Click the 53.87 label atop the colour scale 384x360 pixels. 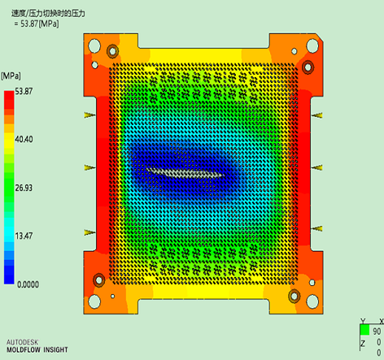click(x=24, y=91)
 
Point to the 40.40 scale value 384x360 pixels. click(x=24, y=139)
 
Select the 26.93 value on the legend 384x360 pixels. click(x=24, y=188)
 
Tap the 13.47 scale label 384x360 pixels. click(x=24, y=236)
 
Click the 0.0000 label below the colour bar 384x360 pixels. click(x=28, y=284)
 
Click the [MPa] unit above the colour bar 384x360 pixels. click(x=11, y=76)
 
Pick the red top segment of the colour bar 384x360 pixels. click(x=9, y=96)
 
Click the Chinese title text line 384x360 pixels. click(x=48, y=13)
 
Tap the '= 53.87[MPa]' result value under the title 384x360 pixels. click(x=37, y=24)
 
